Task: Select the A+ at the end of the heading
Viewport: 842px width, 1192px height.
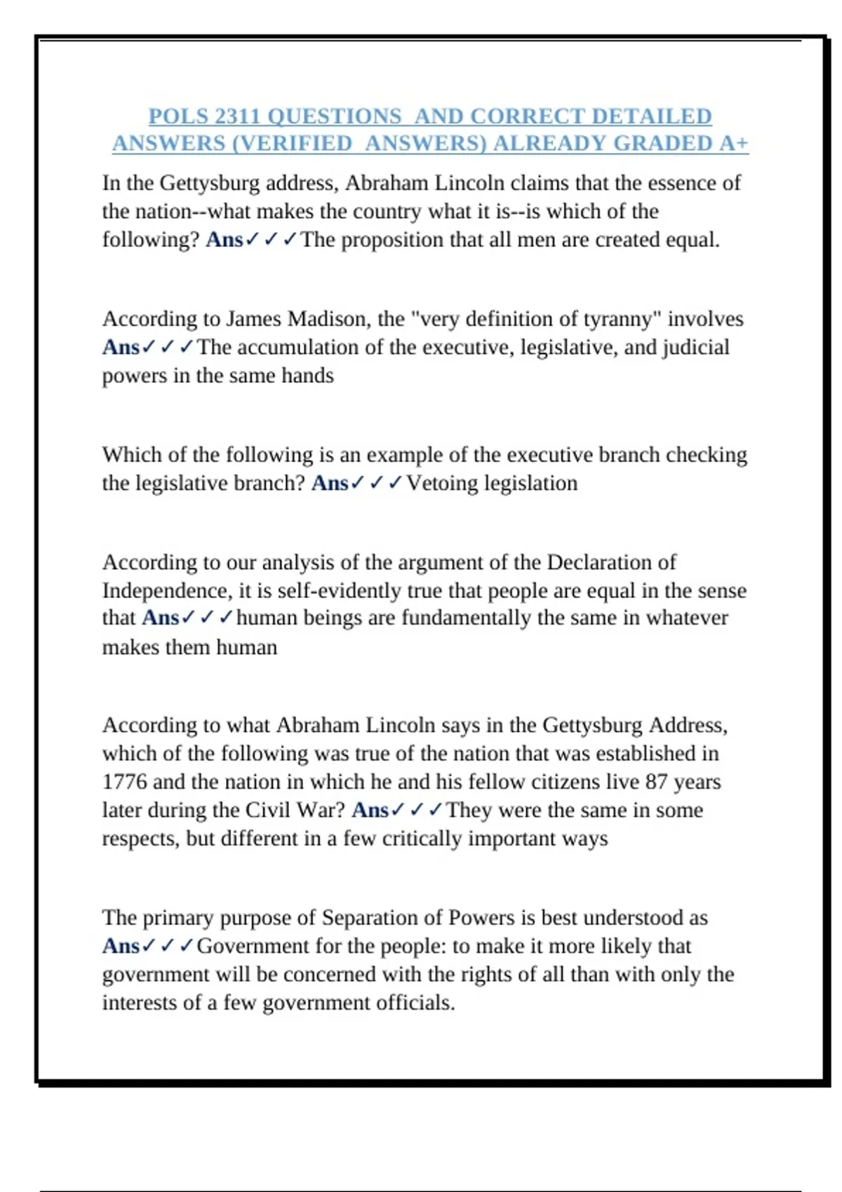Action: coord(734,143)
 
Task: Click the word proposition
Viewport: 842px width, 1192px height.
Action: coord(392,240)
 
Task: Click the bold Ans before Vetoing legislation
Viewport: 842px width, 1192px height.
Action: coord(330,483)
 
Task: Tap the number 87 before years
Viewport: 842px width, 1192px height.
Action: coord(656,782)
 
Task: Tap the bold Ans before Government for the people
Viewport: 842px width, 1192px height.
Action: coord(121,946)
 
